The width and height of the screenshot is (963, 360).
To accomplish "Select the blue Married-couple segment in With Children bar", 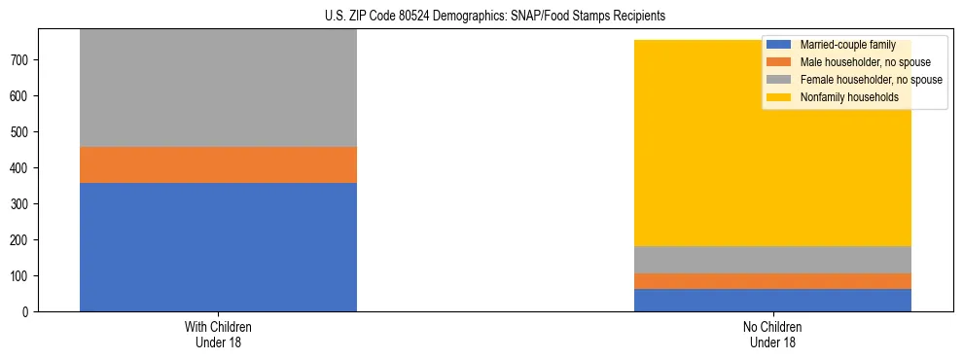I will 218,247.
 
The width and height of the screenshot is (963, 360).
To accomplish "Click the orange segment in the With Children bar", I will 218,164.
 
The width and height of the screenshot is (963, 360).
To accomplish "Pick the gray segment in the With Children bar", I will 218,89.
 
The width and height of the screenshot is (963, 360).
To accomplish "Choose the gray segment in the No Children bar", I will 772,260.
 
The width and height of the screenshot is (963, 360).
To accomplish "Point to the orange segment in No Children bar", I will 772,281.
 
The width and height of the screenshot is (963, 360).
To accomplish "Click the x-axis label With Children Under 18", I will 218,334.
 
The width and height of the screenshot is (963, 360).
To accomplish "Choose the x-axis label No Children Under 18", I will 772,334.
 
